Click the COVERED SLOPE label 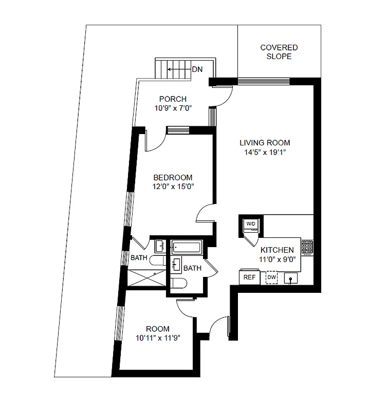click(x=279, y=52)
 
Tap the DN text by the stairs click(x=197, y=69)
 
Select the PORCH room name click(x=173, y=99)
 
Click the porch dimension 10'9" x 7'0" click(x=173, y=108)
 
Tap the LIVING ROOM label click(x=265, y=143)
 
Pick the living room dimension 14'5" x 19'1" click(x=265, y=152)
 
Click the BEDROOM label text click(x=173, y=178)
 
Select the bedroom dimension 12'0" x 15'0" click(x=173, y=187)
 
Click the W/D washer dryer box click(x=251, y=224)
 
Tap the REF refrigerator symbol click(x=249, y=277)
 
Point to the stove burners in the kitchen click(x=307, y=248)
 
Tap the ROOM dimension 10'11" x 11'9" click(x=157, y=338)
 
